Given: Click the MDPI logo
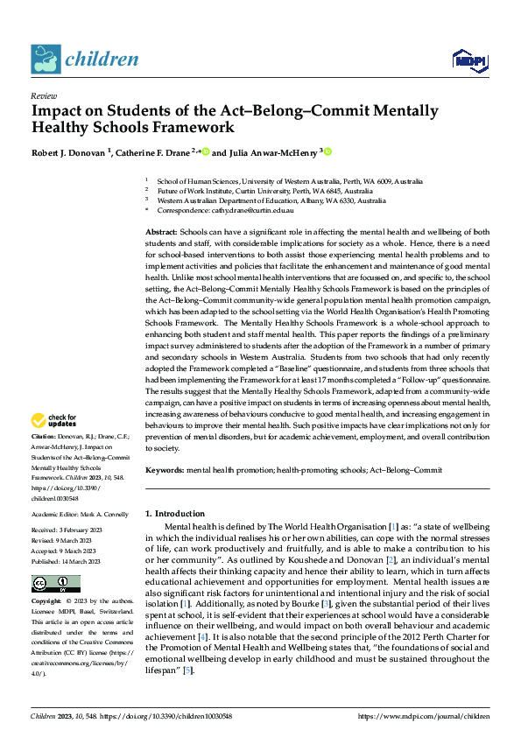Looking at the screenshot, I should (x=468, y=60).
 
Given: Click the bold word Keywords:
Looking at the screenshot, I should (x=165, y=469).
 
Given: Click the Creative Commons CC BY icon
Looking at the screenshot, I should (x=55, y=584).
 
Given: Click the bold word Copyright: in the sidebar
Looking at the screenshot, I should (x=48, y=602).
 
